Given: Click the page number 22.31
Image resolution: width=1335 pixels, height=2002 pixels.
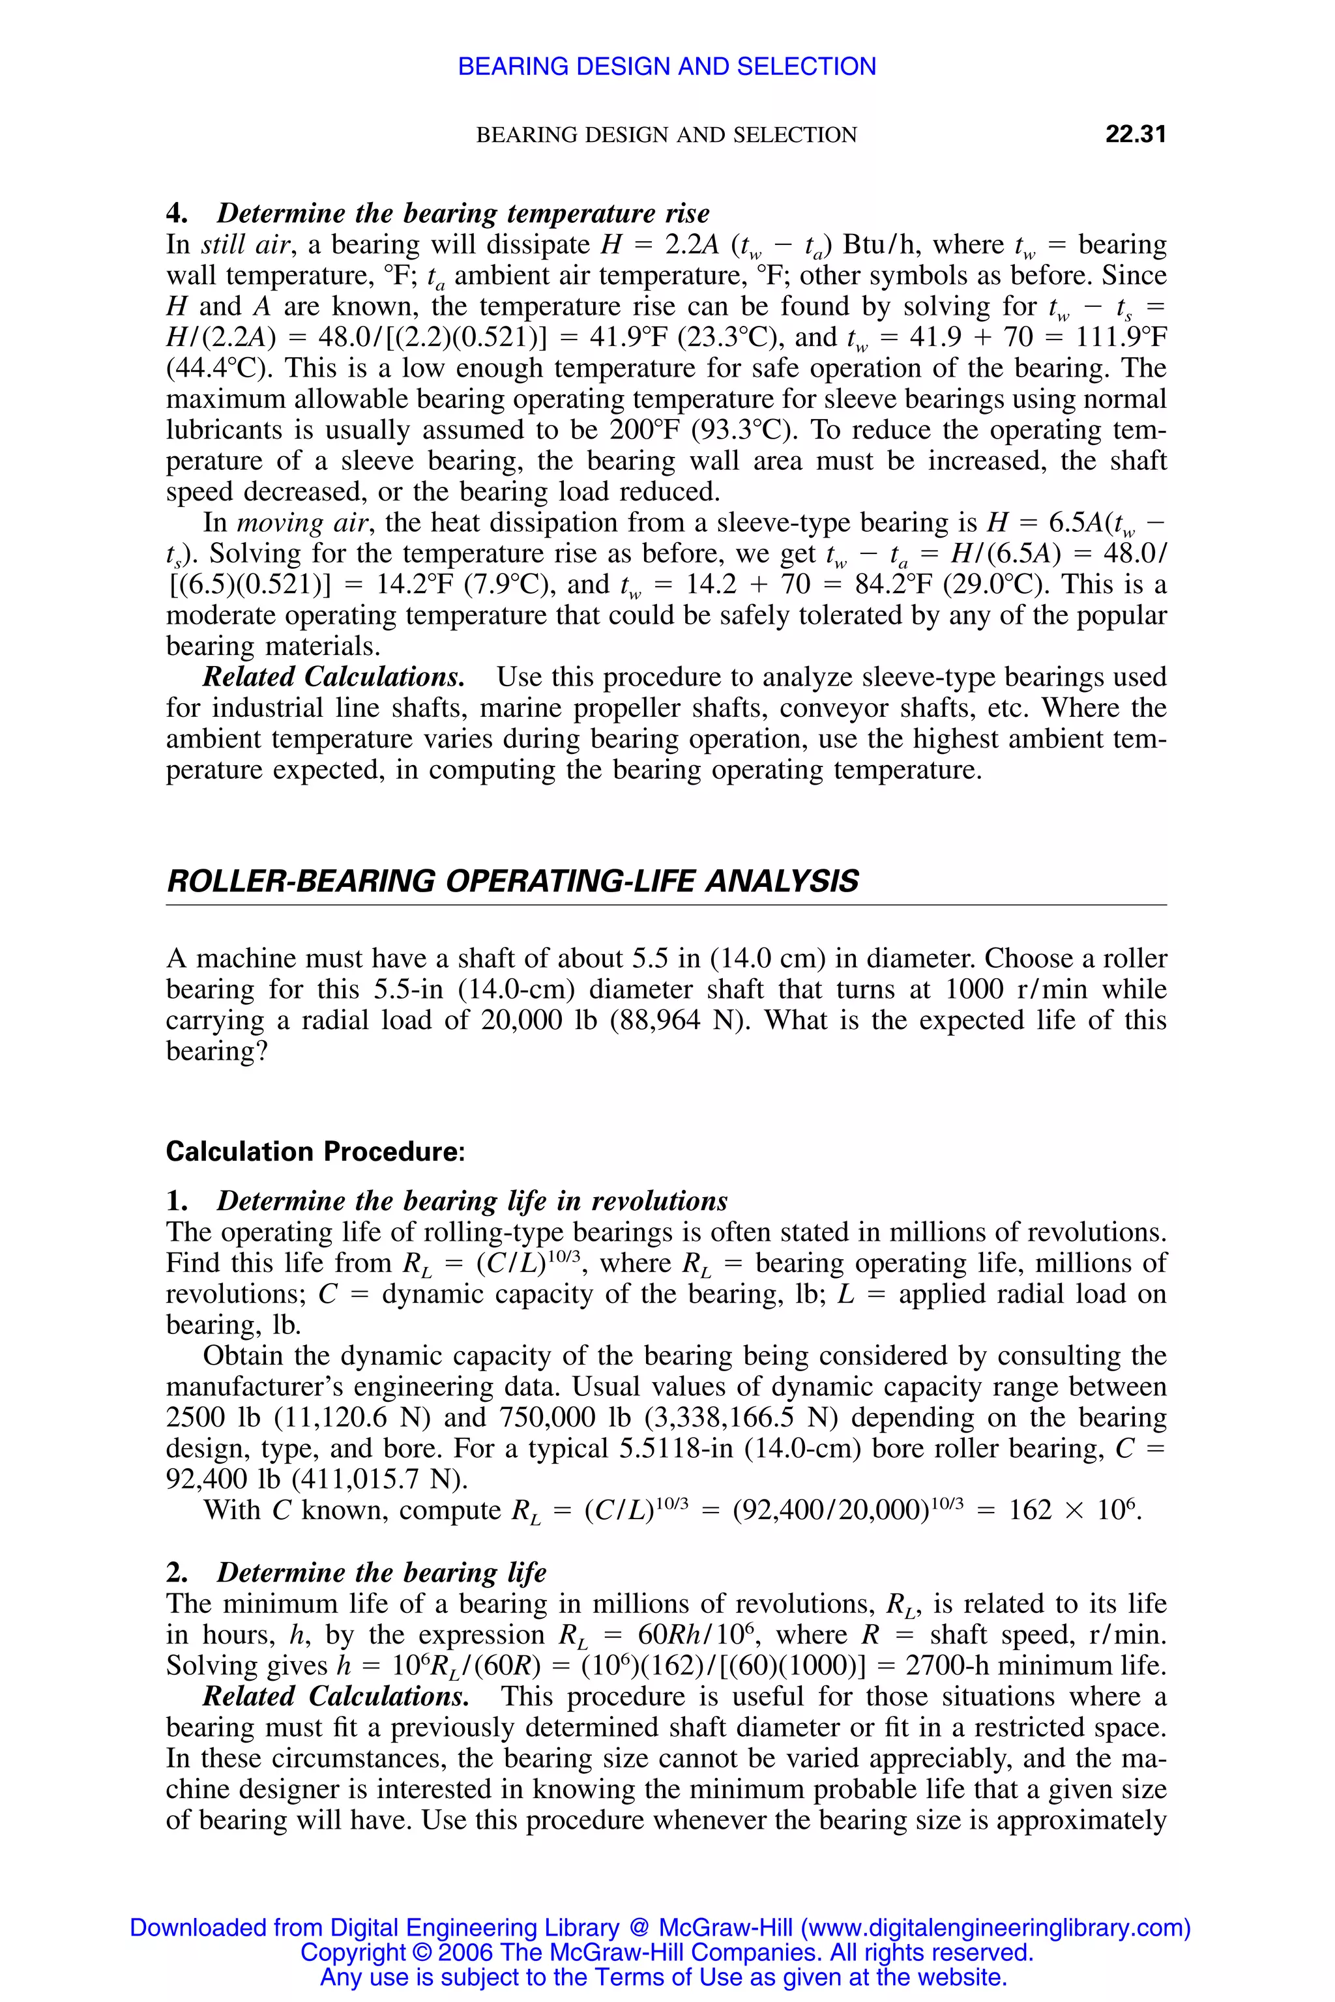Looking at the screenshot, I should (1134, 134).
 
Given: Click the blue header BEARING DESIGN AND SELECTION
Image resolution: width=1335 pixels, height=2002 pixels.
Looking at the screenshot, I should (667, 66).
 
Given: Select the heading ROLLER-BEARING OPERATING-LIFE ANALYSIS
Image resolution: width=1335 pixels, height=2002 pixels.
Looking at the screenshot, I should (512, 881).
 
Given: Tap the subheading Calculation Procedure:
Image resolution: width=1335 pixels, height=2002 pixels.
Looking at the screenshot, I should (315, 1152).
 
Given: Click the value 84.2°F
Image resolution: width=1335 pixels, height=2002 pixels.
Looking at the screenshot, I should (893, 585).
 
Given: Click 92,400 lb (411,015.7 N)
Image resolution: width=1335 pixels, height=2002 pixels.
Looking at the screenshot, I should (317, 1479).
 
